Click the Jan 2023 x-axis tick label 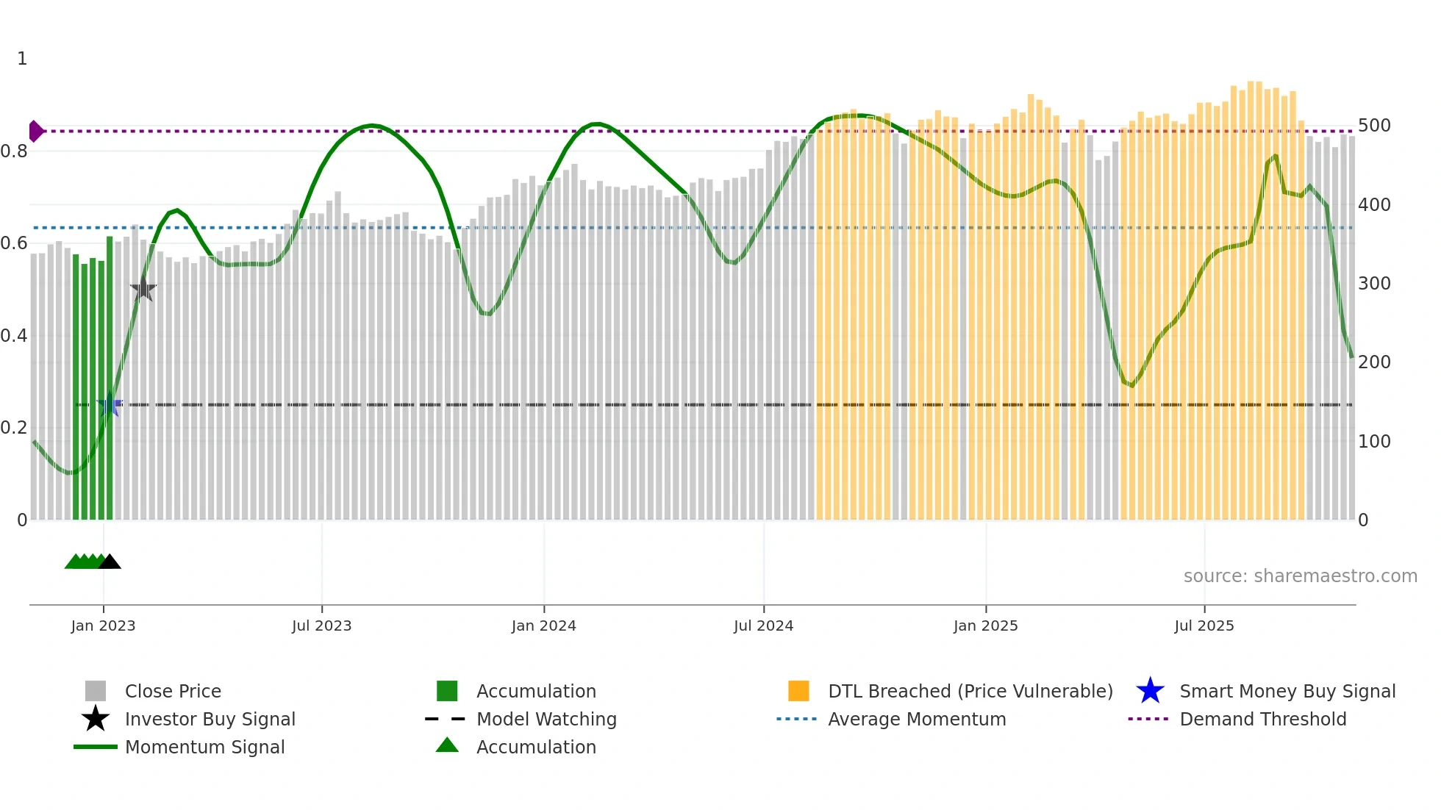(x=103, y=626)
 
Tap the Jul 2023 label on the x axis (x=321, y=626)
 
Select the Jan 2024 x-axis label (x=543, y=626)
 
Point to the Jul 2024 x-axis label (x=763, y=626)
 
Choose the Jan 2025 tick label (x=985, y=626)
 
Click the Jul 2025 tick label (x=1204, y=626)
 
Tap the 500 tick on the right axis (x=1374, y=126)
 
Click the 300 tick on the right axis (x=1374, y=284)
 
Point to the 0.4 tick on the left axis (x=14, y=336)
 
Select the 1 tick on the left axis (x=22, y=59)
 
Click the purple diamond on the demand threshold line (x=35, y=131)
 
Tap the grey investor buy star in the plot (x=143, y=290)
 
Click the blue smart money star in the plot (x=110, y=404)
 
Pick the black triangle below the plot (x=110, y=562)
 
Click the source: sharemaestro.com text (x=1300, y=576)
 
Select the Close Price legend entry (x=173, y=691)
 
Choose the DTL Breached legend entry (x=970, y=691)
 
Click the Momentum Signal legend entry (x=204, y=747)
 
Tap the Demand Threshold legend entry (x=1262, y=719)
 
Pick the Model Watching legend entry (x=546, y=719)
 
